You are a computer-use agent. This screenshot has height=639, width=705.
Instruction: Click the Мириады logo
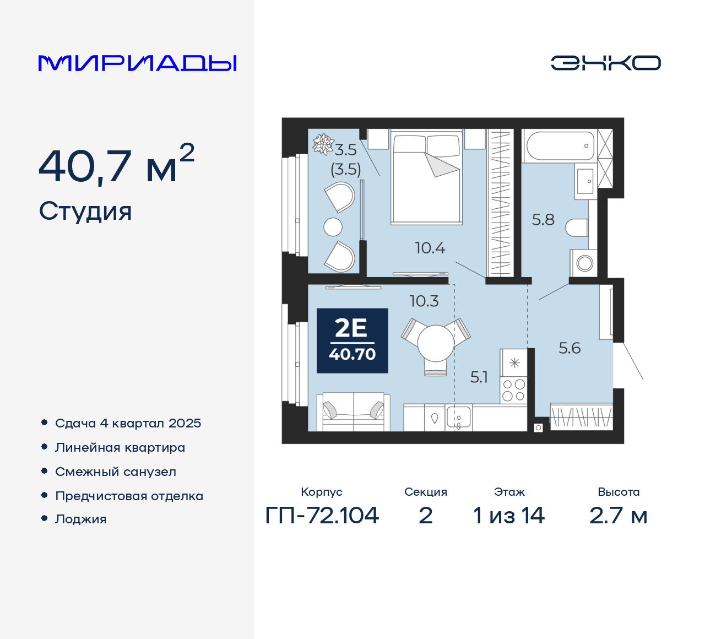[137, 63]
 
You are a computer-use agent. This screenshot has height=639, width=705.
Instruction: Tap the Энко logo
[605, 63]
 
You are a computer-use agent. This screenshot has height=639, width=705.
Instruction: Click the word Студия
[85, 212]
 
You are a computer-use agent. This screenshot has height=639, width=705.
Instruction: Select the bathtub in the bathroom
[560, 146]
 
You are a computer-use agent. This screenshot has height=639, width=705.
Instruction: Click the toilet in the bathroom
[577, 228]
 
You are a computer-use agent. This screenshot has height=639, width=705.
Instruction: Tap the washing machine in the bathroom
[584, 263]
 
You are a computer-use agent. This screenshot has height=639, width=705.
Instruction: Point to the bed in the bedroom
[427, 177]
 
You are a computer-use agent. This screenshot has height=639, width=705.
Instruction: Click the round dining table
[436, 343]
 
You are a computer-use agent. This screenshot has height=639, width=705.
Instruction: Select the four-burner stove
[513, 390]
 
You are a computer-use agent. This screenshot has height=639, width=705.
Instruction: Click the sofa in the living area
[353, 411]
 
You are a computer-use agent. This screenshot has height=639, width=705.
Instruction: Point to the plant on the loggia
[323, 144]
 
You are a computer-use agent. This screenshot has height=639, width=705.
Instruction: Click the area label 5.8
[543, 220]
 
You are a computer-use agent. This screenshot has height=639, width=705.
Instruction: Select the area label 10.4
[430, 248]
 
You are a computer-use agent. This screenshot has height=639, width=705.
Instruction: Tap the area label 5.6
[570, 348]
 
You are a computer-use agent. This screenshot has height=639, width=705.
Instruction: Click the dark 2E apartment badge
[352, 340]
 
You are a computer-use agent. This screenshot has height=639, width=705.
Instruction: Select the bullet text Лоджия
[80, 519]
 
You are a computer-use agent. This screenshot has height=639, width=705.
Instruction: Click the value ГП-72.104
[322, 516]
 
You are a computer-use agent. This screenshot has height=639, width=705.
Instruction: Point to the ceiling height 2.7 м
[618, 516]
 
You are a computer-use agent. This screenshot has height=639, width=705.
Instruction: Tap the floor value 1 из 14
[509, 516]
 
